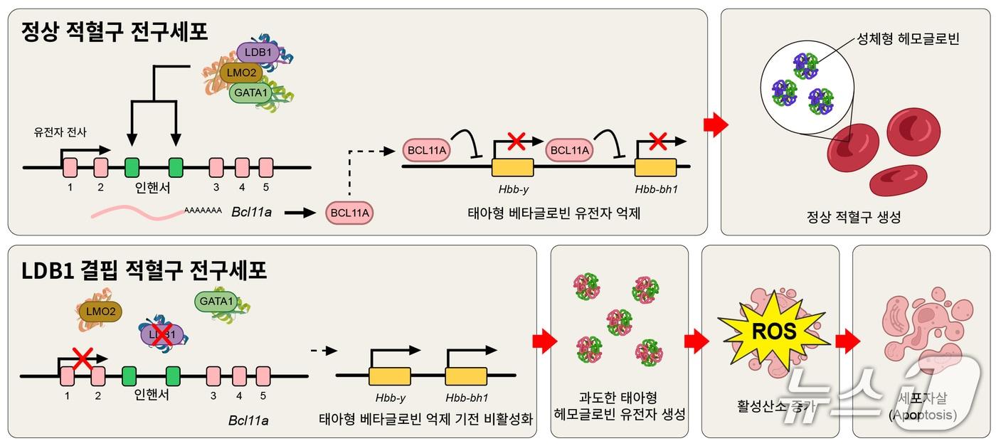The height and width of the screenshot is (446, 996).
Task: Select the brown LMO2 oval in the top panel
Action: pyautogui.click(x=241, y=73)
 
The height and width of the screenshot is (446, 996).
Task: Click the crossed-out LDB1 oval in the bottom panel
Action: pyautogui.click(x=162, y=334)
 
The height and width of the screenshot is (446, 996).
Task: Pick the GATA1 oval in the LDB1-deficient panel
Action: pyautogui.click(x=216, y=302)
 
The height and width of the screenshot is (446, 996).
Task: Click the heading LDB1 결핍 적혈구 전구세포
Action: pyautogui.click(x=144, y=270)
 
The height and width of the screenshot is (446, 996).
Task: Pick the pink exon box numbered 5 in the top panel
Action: pyautogui.click(x=266, y=168)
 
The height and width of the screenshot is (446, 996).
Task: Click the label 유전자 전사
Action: pyautogui.click(x=58, y=132)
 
